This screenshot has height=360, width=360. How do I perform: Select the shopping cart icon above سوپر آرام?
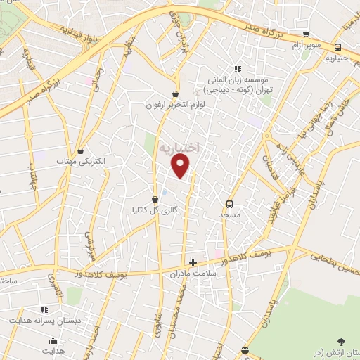[x=305, y=34]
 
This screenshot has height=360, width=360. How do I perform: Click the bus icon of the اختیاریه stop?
[x=338, y=48]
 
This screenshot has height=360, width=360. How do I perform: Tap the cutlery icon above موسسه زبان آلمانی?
[x=238, y=69]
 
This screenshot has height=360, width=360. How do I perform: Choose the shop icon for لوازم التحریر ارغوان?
[x=175, y=94]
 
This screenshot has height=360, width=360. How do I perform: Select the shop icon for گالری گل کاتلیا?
[x=155, y=199]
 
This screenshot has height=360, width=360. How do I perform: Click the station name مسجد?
[x=229, y=213]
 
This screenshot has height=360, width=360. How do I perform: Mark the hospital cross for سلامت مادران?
[x=193, y=262]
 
